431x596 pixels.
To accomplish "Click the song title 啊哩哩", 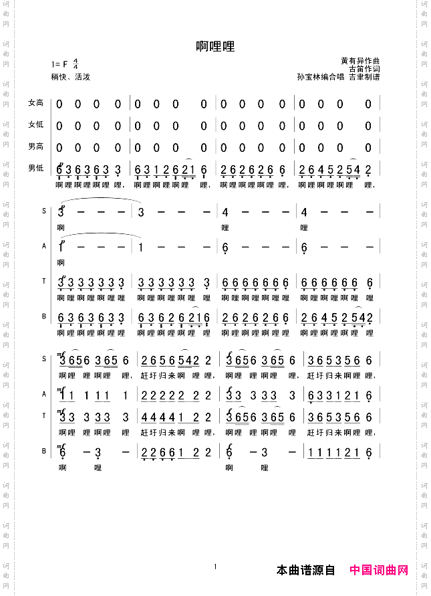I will coord(215,47).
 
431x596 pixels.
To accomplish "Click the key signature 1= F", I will coord(59,65).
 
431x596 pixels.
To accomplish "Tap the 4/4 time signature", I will coord(76,65).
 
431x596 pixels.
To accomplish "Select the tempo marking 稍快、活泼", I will coord(70,77).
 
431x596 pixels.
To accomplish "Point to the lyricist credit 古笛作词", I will coord(365,68).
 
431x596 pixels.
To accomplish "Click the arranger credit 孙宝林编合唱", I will coord(320,77).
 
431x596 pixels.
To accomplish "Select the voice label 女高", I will coord(35,103).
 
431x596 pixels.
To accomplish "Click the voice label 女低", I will coord(35,124).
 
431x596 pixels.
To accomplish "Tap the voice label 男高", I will coord(35,146).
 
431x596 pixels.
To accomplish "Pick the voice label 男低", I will coord(35,168).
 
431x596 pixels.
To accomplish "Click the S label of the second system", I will coord(44,211).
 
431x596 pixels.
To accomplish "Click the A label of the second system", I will coord(44,246).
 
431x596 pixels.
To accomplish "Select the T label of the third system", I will coord(44,416).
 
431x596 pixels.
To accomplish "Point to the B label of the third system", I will coord(44,452).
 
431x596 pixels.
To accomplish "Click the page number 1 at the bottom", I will coord(216,567).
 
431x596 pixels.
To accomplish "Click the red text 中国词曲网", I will coord(379,571).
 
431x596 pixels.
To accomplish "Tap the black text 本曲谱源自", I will coord(305,571).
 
